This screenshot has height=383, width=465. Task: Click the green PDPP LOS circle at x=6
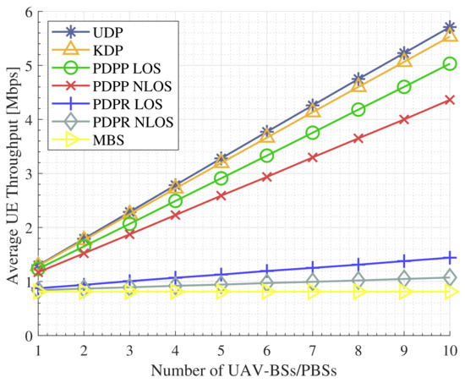click(x=267, y=156)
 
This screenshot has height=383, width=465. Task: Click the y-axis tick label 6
click(x=28, y=12)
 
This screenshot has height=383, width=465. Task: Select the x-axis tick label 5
click(x=221, y=349)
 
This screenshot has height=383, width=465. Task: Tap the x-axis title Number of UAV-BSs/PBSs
click(x=243, y=370)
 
